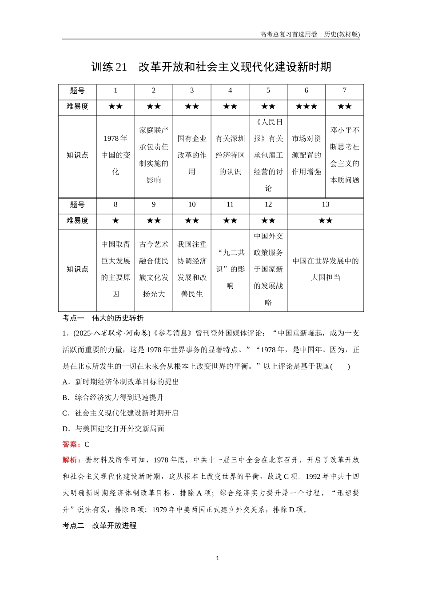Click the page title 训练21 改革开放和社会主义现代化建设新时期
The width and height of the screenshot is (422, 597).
[211, 67]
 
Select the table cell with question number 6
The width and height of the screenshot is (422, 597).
[306, 91]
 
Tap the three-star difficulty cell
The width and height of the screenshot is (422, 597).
[306, 107]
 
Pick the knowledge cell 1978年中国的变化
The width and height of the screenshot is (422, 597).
[115, 155]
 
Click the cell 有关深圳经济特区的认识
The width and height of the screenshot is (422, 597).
[230, 155]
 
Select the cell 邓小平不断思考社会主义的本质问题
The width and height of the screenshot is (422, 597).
[344, 155]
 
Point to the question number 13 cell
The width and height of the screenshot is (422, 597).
[325, 205]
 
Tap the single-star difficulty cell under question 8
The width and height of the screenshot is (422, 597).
[115, 221]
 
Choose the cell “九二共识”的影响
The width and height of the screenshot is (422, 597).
[230, 269]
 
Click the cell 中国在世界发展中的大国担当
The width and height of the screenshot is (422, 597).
[325, 269]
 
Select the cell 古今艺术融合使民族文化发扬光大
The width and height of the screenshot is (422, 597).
[154, 269]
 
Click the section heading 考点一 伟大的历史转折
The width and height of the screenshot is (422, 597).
[103, 318]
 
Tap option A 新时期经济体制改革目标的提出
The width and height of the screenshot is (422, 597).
[121, 382]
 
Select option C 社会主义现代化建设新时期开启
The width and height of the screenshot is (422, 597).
[121, 413]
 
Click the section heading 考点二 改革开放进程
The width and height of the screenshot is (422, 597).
[100, 525]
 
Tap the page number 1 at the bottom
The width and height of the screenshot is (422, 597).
[217, 558]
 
